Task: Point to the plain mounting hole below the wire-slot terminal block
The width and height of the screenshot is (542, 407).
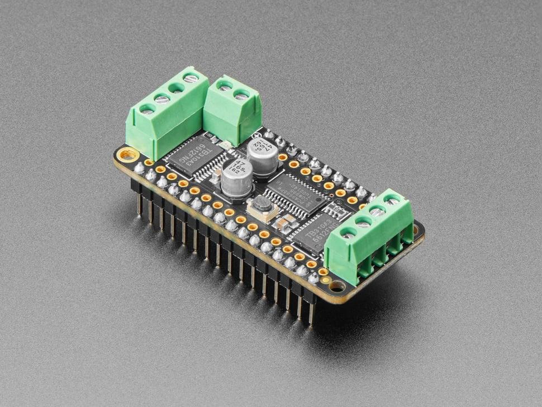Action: [x=337, y=286]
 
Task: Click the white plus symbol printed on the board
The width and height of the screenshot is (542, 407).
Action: [x=256, y=135]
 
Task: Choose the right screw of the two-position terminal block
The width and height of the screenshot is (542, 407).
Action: [x=242, y=96]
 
